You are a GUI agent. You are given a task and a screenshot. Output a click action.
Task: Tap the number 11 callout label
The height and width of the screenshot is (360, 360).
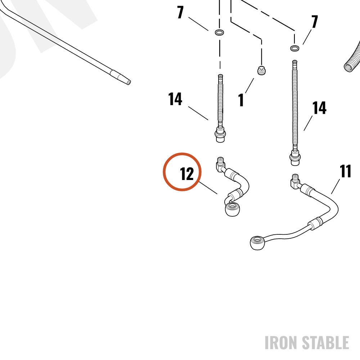[x=345, y=171]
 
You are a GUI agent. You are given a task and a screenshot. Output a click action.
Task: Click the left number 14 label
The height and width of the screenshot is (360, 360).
[x=175, y=99]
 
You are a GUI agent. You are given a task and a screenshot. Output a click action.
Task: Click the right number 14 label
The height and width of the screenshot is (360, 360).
[x=319, y=108]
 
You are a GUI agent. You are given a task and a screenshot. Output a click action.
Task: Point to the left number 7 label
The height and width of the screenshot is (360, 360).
[x=180, y=12]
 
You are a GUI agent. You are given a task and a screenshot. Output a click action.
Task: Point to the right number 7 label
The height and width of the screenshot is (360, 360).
[x=315, y=22]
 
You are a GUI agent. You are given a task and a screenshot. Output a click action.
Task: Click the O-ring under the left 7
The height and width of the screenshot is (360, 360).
[x=220, y=32]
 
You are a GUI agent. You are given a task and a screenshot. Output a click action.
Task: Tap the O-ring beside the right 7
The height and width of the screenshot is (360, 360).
[x=295, y=48]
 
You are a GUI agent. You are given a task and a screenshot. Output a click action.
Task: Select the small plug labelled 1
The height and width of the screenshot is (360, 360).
[x=261, y=70]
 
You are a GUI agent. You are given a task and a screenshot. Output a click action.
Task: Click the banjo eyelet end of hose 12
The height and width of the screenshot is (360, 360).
[x=232, y=209]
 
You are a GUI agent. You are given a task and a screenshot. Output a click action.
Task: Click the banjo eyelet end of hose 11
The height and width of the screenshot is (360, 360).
[x=257, y=243]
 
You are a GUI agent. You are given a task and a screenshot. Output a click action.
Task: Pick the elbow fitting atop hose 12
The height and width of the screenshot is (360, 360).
[x=221, y=165]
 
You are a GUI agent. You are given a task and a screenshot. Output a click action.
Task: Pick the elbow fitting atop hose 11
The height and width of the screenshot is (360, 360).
[x=296, y=181]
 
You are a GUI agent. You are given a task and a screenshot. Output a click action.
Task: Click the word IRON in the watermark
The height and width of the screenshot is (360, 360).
[x=282, y=343]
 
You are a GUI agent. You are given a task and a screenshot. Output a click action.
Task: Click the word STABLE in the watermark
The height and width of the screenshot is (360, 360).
[x=325, y=343]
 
